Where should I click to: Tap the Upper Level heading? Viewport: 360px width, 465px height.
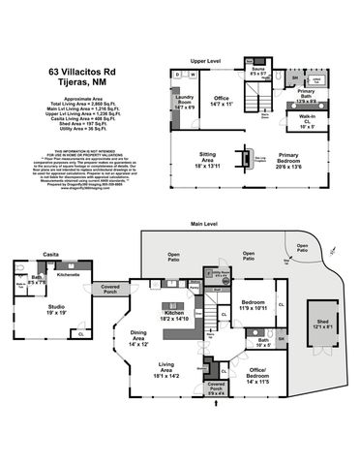pyautogui.click(x=208, y=59)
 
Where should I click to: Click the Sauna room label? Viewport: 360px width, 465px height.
pyautogui.click(x=257, y=71)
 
